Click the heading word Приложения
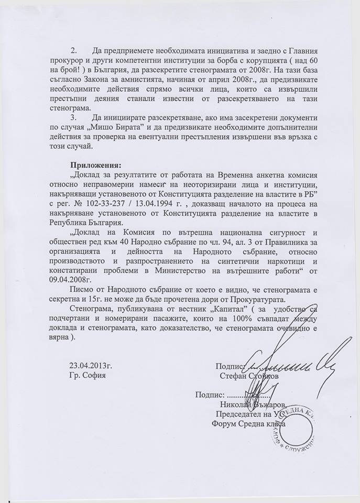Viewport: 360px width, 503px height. (94, 164)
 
